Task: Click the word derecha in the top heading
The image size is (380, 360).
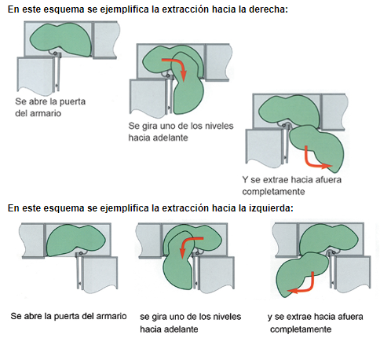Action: click(x=269, y=9)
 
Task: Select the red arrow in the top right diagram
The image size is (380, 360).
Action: click(x=314, y=160)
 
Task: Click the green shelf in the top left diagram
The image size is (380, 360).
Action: click(x=60, y=39)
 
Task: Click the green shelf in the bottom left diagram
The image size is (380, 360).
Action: click(x=76, y=240)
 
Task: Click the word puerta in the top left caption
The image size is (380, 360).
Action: click(x=72, y=101)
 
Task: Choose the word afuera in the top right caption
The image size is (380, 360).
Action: click(x=328, y=180)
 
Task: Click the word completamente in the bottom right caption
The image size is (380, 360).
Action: click(x=301, y=329)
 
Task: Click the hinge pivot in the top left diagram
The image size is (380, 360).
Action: click(x=55, y=53)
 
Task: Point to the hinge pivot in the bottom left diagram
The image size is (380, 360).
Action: click(x=81, y=253)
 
